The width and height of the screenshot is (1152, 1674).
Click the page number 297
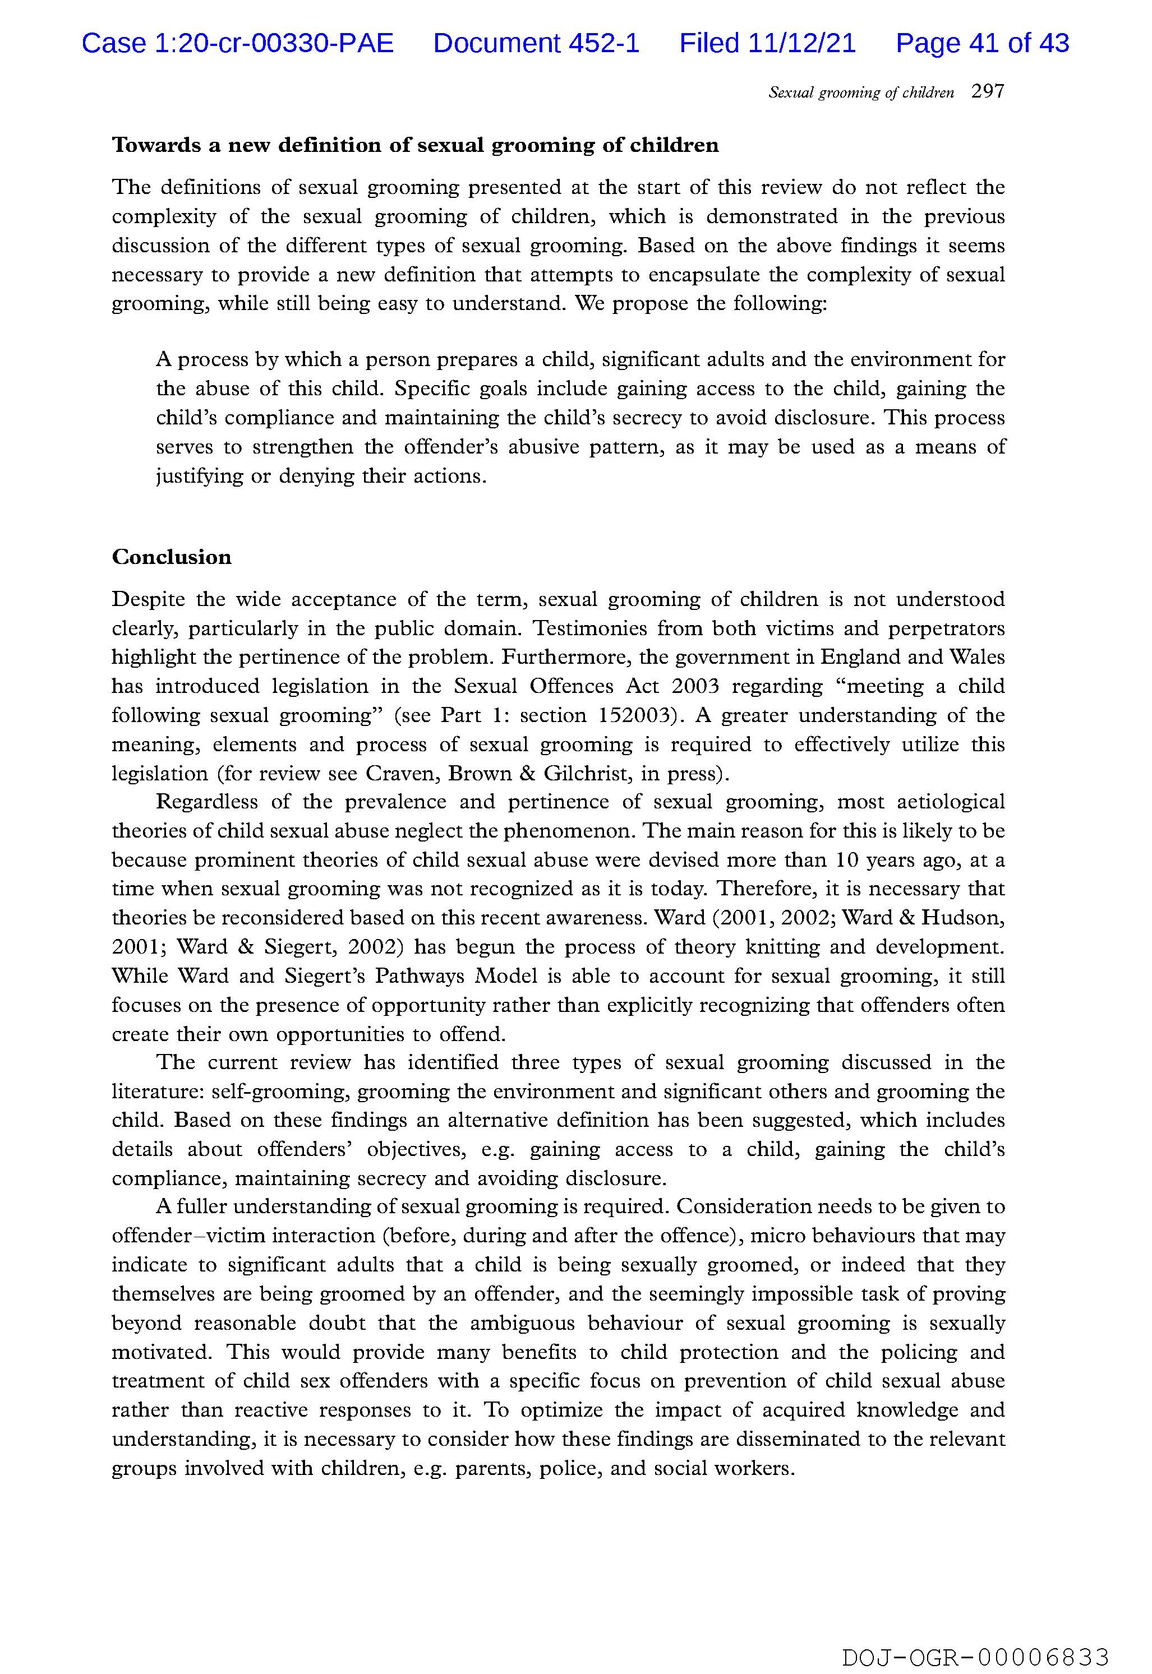tap(988, 91)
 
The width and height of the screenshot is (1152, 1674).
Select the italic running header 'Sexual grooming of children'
tap(860, 93)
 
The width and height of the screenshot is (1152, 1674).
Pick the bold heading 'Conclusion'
tap(172, 557)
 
